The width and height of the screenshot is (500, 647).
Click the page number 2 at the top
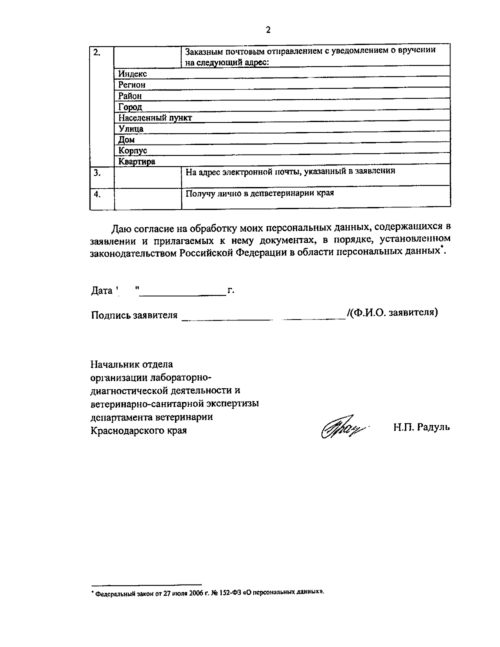(x=268, y=30)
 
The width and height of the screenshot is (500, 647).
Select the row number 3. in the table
(x=96, y=172)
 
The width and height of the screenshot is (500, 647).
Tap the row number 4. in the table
(x=96, y=194)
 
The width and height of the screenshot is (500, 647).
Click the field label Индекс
(x=132, y=74)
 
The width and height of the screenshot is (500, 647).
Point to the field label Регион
(x=132, y=85)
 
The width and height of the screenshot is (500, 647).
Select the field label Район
(x=130, y=96)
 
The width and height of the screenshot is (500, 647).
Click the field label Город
(x=130, y=107)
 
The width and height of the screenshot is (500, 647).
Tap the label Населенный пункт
(x=155, y=117)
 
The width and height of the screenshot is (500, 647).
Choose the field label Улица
(x=131, y=129)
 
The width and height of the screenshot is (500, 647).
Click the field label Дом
(x=126, y=140)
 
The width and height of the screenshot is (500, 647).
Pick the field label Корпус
(x=132, y=150)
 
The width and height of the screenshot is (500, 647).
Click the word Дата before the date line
(x=102, y=291)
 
